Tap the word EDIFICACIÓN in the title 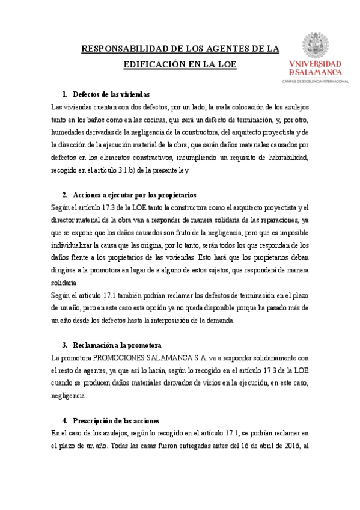(x=156, y=63)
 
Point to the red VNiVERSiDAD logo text (x=316, y=63)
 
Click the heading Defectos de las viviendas (x=111, y=94)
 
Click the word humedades (x=69, y=132)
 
